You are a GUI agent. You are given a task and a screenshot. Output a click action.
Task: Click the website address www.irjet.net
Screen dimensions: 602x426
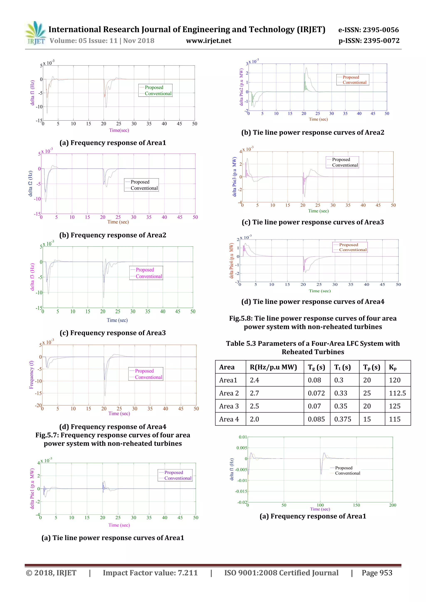(209, 41)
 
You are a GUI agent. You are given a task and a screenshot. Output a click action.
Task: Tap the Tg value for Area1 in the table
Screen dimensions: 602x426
(314, 380)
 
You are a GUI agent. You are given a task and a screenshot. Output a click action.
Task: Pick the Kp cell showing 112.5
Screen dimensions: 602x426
(397, 393)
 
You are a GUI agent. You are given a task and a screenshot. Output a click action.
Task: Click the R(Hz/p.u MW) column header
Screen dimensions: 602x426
(273, 367)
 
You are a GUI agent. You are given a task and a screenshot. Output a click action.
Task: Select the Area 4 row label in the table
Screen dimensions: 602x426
(229, 419)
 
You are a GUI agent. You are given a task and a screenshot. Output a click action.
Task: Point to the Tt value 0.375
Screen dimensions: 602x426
(343, 419)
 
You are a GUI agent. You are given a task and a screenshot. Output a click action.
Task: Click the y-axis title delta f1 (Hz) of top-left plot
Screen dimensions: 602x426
(32, 93)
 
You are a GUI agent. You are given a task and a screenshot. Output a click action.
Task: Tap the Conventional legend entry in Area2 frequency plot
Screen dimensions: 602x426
(144, 188)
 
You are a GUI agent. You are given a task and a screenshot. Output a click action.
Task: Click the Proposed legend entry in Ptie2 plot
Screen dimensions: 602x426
(350, 77)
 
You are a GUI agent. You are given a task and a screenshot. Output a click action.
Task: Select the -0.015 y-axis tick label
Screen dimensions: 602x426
(241, 491)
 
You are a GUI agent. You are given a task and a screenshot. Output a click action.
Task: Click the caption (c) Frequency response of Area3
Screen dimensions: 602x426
(113, 333)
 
